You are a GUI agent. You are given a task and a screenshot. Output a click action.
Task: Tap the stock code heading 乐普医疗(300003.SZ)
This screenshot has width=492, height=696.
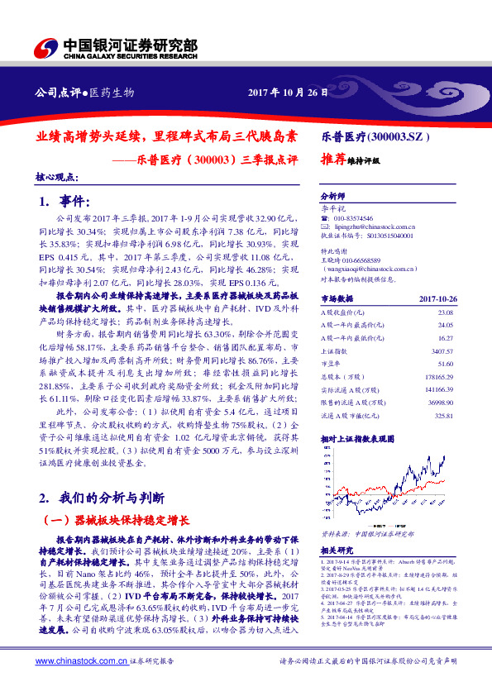[x=374, y=135]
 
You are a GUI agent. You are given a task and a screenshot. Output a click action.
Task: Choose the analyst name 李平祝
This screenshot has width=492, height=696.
[x=332, y=209]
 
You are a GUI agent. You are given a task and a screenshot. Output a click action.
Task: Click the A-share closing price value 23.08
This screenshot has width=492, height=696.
[x=446, y=313]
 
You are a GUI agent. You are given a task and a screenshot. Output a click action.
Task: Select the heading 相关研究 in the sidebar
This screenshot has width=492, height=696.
[x=337, y=549]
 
